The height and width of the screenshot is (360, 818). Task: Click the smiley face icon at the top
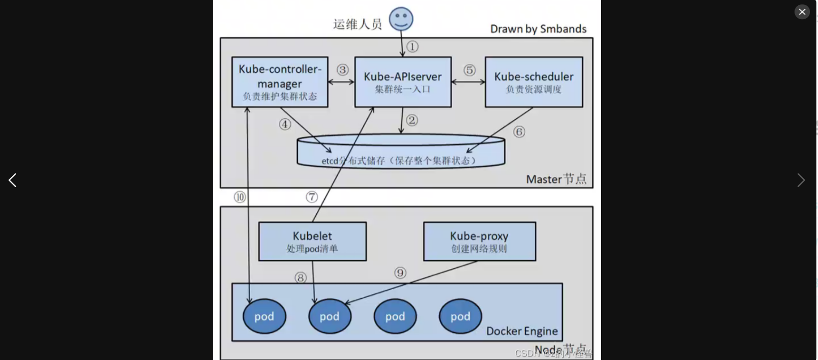coord(401,19)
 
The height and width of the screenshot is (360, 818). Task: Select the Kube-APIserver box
coord(403,82)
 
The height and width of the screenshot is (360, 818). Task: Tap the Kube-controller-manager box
coord(280,82)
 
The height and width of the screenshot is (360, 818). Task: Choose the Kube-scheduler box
coord(534,82)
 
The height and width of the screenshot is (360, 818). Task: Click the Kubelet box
coord(312,241)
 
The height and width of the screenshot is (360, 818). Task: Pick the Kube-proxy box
coord(479,241)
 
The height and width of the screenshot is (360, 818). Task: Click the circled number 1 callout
coord(413,46)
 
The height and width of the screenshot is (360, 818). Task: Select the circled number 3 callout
coord(342,70)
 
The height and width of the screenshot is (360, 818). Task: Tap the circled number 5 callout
coord(469,70)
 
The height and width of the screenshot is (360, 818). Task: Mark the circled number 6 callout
coord(519,132)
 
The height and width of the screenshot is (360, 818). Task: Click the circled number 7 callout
coord(312,197)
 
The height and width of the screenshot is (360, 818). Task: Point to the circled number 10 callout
coord(240,197)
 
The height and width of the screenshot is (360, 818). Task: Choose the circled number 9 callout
coord(400,273)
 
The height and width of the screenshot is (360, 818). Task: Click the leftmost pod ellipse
coord(264,316)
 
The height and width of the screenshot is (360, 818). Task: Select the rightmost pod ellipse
coord(460,316)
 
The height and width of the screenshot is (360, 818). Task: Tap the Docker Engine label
coord(522,331)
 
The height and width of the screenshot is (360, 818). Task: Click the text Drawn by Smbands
coord(538,29)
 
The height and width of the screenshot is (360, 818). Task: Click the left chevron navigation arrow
coord(12,180)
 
